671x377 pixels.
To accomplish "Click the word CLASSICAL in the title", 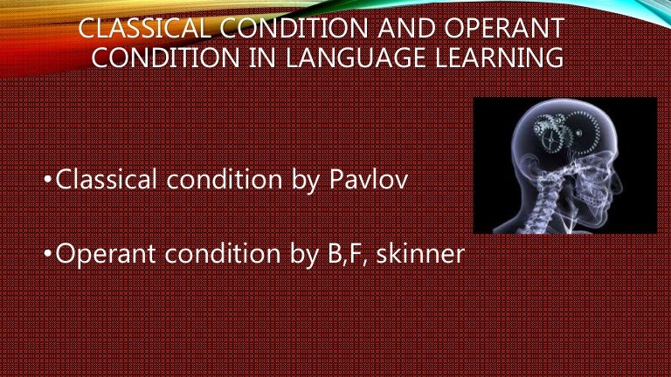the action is click(x=145, y=28).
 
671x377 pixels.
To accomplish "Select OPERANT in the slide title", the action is click(x=504, y=28).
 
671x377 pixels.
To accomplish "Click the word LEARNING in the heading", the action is click(x=499, y=58).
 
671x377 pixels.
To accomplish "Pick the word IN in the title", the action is click(x=262, y=58).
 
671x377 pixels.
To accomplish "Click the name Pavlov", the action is click(x=369, y=180).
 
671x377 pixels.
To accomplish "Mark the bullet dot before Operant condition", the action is click(x=48, y=252).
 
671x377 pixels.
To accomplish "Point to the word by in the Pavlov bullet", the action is click(x=306, y=182).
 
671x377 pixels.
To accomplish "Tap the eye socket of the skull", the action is click(x=599, y=168).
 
